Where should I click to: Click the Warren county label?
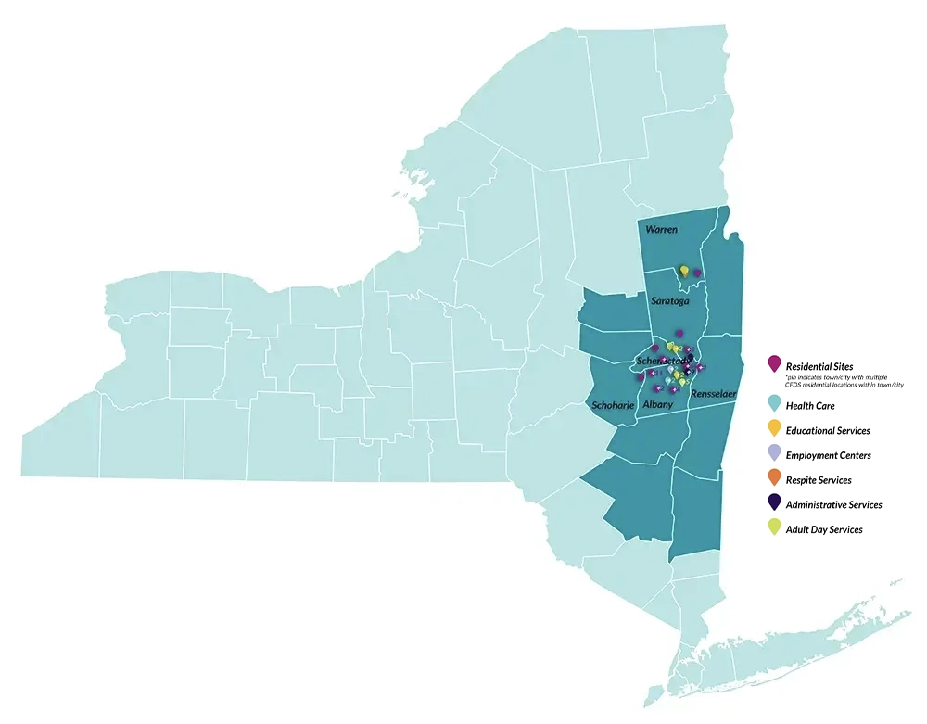pos(661,229)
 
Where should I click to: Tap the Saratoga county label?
pos(671,301)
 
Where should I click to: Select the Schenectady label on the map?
pos(663,360)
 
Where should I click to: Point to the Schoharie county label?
pos(613,405)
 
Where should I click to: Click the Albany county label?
pos(657,405)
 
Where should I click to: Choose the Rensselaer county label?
pos(713,394)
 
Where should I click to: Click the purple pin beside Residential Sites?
pos(775,365)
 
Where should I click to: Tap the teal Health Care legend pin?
pos(775,403)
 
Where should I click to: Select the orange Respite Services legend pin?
pos(775,478)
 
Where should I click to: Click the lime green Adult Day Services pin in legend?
pos(775,527)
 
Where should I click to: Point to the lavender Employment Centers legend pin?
pos(775,453)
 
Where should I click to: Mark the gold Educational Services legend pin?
pos(775,428)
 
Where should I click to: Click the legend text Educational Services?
pos(828,431)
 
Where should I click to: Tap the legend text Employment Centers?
pos(828,456)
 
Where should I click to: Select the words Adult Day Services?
pos(824,530)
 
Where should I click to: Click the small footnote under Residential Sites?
pos(844,381)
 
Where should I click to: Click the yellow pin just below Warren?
pos(684,271)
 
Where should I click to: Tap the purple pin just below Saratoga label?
pos(679,332)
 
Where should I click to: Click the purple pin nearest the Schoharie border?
pos(640,377)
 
